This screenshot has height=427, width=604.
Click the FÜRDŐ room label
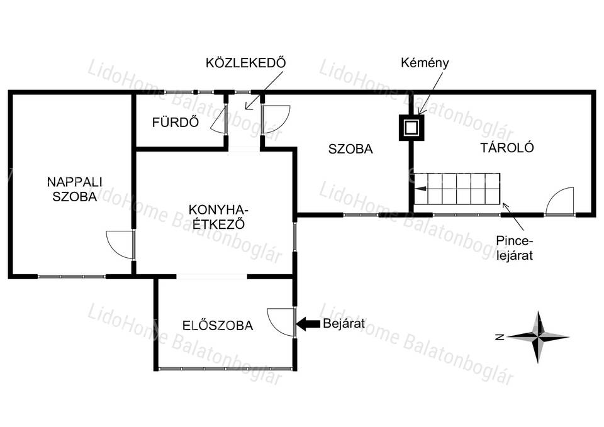click(176, 122)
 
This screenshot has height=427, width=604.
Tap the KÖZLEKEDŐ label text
click(246, 63)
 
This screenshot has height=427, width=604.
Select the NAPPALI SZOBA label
click(74, 189)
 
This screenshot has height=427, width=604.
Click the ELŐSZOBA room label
click(218, 326)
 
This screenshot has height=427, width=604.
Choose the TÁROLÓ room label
click(507, 147)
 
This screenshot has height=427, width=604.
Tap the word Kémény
click(425, 63)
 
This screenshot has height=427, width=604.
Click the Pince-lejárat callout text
click(514, 248)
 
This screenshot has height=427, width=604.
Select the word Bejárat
click(344, 323)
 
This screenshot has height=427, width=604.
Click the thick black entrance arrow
click(308, 324)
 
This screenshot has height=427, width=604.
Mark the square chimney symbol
click(411, 128)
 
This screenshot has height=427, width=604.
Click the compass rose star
click(538, 337)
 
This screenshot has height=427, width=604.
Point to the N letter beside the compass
click(500, 338)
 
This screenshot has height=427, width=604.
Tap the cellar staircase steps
click(457, 189)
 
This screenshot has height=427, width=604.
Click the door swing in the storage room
click(560, 201)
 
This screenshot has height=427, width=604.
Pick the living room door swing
click(120, 245)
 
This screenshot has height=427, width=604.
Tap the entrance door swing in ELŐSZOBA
click(282, 322)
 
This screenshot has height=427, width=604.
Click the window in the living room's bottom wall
click(72, 277)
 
